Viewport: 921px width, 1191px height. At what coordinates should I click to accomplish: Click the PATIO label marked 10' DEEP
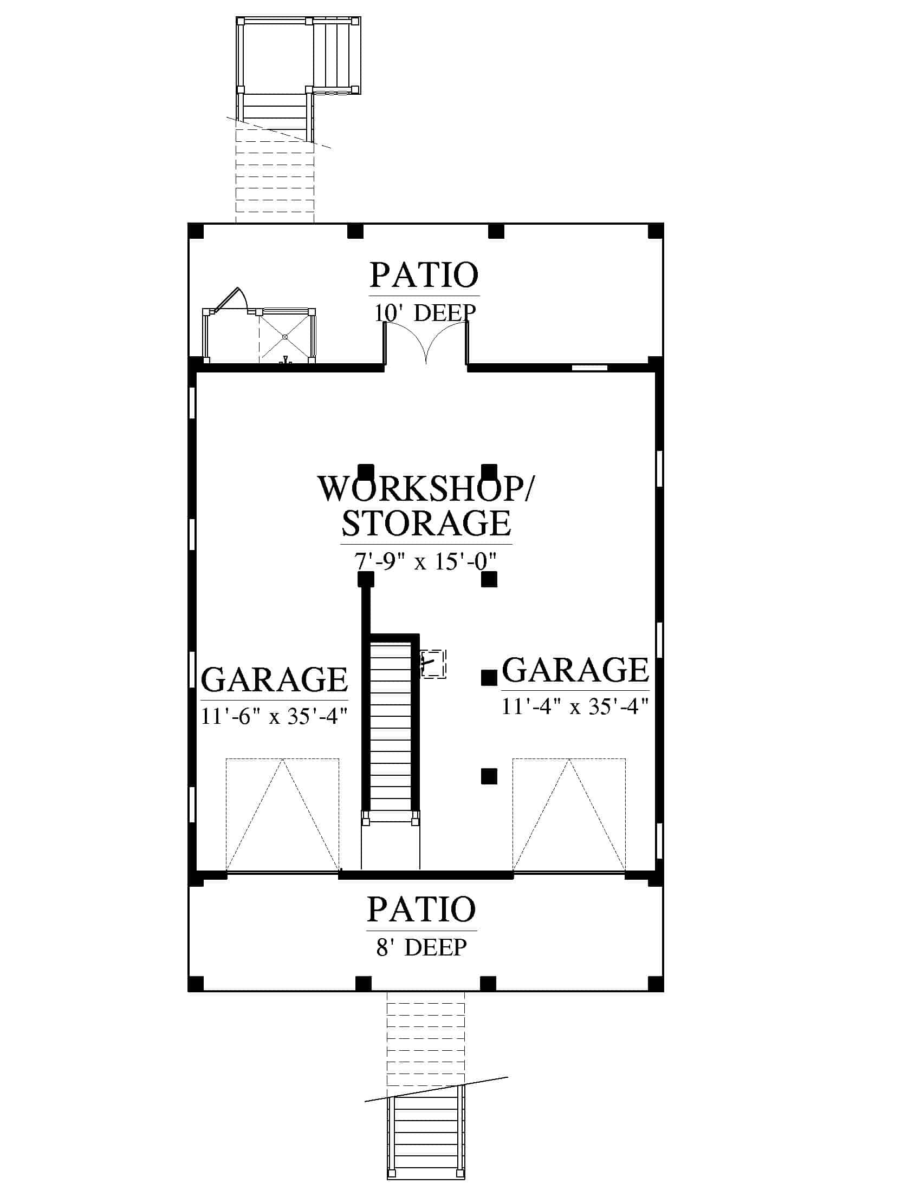tap(424, 275)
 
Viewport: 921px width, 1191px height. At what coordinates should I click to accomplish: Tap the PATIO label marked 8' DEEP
tap(421, 909)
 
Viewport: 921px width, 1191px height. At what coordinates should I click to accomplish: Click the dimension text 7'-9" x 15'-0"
tap(426, 561)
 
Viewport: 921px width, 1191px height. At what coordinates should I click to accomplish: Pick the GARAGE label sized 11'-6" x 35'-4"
tap(275, 679)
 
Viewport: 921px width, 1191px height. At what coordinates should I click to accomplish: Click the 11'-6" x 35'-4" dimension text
tap(275, 716)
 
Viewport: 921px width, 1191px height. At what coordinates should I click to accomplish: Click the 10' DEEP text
tap(425, 312)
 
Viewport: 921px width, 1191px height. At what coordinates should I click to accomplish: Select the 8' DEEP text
tap(421, 947)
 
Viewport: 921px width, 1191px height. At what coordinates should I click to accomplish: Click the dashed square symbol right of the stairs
tap(433, 664)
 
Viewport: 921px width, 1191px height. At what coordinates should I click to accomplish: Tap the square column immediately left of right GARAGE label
tap(489, 678)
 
